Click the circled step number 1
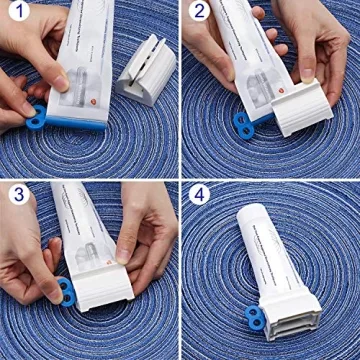[17, 17]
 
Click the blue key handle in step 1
[38, 117]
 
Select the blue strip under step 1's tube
[80, 125]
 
